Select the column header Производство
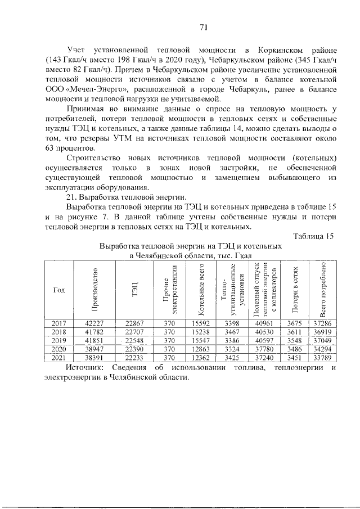[x=95, y=290]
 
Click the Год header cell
[x=59, y=290]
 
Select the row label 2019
[x=59, y=340]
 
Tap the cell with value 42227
[x=95, y=322]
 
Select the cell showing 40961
[x=264, y=322]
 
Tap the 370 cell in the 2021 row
[x=170, y=358]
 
